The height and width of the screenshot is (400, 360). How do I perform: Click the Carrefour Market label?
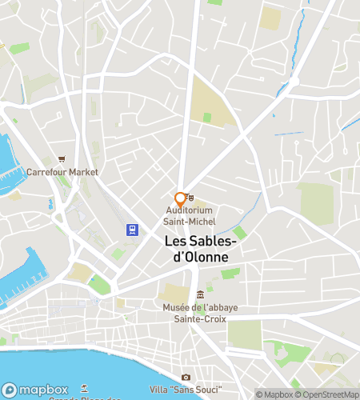pos(62,172)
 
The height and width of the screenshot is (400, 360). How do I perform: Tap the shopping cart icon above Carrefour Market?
pos(61,158)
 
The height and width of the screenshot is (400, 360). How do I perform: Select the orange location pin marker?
pos(180,199)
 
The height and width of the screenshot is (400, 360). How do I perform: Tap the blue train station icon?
pos(131,230)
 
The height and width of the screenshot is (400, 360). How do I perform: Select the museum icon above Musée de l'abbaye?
pos(199,294)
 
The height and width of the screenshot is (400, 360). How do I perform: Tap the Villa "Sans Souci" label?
pos(186,390)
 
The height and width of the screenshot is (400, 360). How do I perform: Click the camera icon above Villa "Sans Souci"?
pos(186,377)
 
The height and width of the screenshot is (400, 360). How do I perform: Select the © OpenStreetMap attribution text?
pos(327,394)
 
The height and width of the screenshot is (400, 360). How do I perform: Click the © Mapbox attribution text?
pos(274,394)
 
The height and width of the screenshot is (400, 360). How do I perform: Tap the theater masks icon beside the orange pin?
pos(190,197)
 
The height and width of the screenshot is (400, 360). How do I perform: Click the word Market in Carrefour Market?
pos(83,172)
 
